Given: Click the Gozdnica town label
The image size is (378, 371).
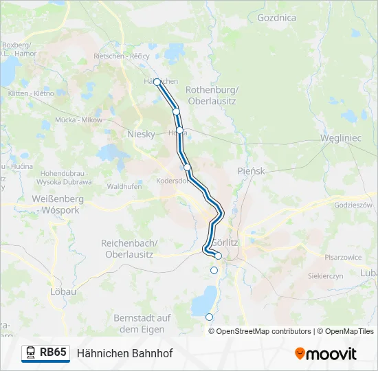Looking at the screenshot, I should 276,18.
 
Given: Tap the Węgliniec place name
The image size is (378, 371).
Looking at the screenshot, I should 341,137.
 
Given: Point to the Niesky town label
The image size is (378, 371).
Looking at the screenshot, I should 142,135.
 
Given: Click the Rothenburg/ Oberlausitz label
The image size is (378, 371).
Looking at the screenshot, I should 212,95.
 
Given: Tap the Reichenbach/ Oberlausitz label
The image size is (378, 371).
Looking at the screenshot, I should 129,248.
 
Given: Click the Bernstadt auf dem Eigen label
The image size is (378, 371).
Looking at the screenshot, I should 141,324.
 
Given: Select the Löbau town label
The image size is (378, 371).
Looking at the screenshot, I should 63,291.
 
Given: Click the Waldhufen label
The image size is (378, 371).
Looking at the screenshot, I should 124,186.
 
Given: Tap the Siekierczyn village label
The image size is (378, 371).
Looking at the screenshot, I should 325,276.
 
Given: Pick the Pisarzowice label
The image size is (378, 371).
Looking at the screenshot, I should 343,258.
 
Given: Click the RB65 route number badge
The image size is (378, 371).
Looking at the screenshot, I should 46,353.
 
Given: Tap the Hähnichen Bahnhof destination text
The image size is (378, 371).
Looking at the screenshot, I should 124,353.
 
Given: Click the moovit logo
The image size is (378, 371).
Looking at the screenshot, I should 326,353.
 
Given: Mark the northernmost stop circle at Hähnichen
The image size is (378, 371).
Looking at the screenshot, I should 157,82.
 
